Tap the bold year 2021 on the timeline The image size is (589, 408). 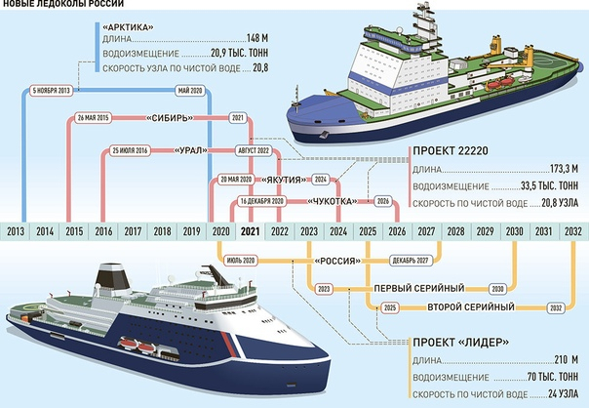tap(251, 232)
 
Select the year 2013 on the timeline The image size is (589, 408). tap(17, 232)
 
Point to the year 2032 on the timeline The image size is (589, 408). tap(574, 232)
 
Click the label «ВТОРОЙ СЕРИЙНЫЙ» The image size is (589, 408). tap(471, 307)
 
